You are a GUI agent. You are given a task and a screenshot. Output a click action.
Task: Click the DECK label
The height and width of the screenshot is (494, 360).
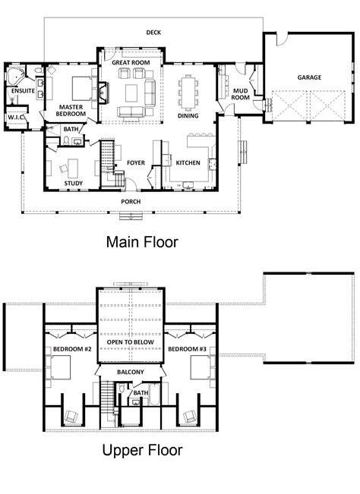(155, 32)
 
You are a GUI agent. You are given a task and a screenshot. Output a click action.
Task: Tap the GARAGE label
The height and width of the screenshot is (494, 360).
(309, 77)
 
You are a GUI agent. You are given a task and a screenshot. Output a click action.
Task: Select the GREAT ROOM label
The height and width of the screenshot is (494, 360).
(131, 62)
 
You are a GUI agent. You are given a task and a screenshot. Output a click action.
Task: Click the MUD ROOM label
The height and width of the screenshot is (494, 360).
(240, 93)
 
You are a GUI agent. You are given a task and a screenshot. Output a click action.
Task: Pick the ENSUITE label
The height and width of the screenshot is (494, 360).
(22, 92)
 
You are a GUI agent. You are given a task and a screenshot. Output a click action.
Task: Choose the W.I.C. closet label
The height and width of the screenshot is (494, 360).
(17, 118)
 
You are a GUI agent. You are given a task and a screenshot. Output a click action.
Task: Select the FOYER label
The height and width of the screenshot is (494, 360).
(136, 162)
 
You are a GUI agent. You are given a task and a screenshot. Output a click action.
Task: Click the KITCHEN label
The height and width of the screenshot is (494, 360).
(188, 162)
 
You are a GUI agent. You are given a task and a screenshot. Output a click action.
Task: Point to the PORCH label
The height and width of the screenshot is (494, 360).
(131, 201)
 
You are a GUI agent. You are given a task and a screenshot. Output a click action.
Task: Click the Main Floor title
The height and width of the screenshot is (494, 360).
(141, 244)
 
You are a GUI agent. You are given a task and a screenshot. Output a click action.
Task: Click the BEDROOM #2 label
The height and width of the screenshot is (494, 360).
(72, 349)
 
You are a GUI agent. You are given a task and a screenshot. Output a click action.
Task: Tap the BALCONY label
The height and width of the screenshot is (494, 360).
(130, 373)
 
